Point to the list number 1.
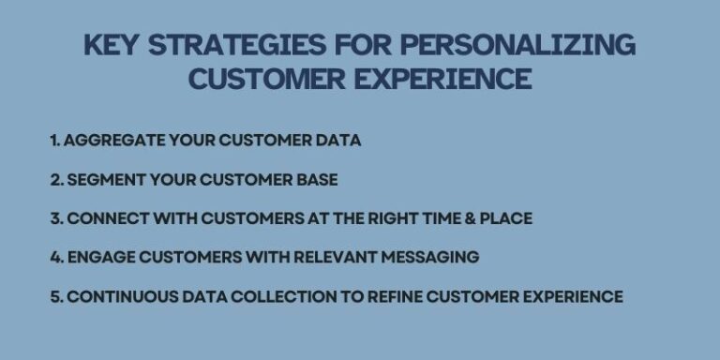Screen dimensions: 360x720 tap(54, 141)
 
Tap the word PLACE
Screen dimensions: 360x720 tap(505, 218)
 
